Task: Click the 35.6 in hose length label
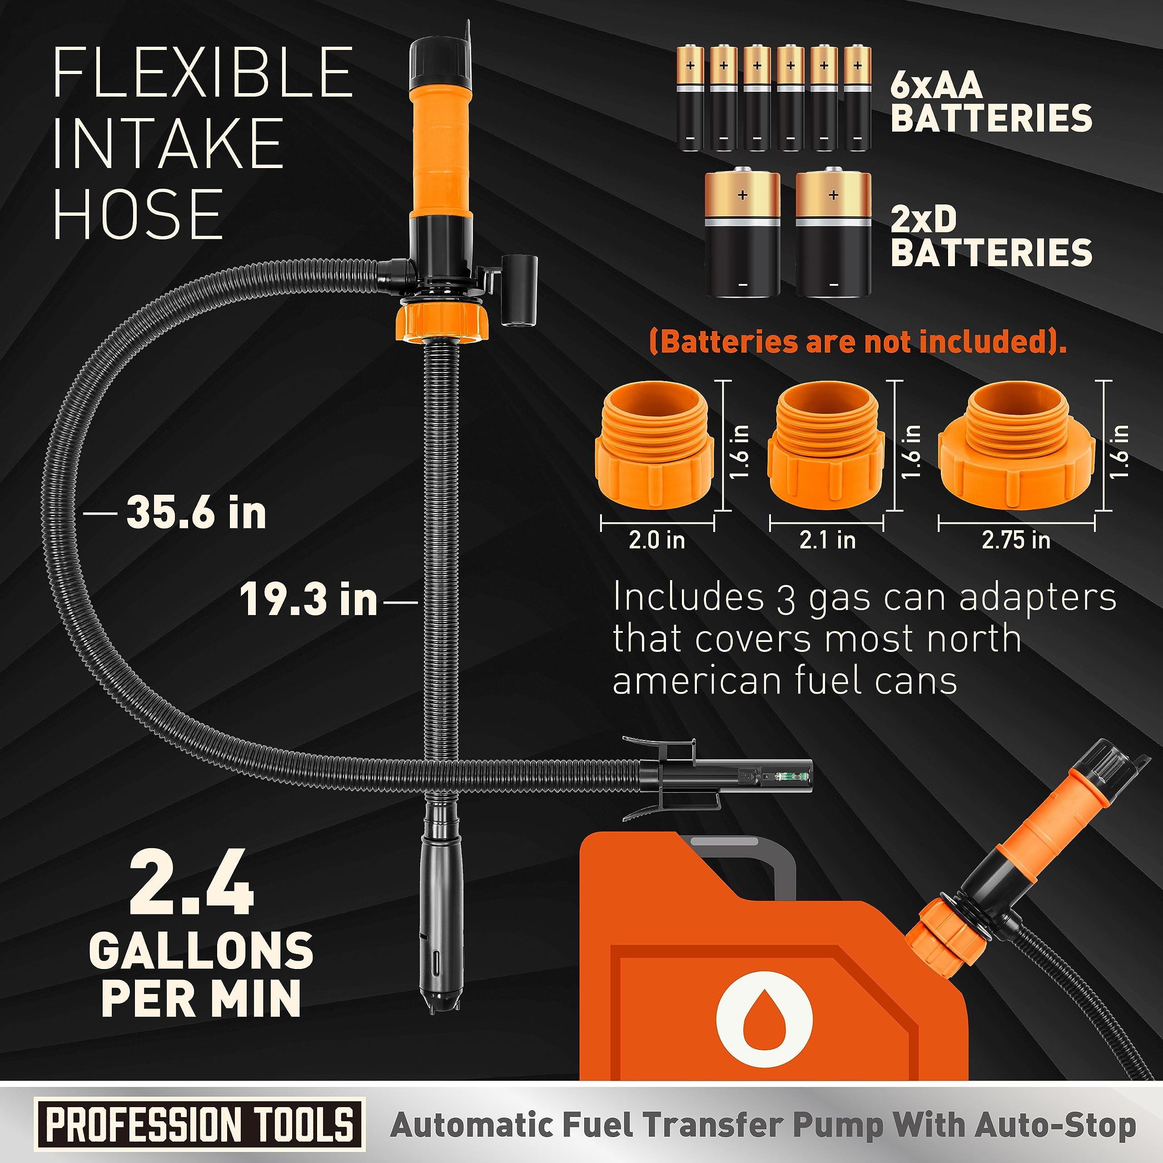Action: tap(196, 513)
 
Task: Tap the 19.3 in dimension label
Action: tap(308, 600)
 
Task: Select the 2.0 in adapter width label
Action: tap(657, 540)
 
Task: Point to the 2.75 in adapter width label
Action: tap(1016, 540)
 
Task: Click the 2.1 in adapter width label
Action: tap(827, 540)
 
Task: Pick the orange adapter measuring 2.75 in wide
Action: tap(1016, 446)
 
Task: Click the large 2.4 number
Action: tap(191, 883)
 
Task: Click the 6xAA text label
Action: tap(935, 85)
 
